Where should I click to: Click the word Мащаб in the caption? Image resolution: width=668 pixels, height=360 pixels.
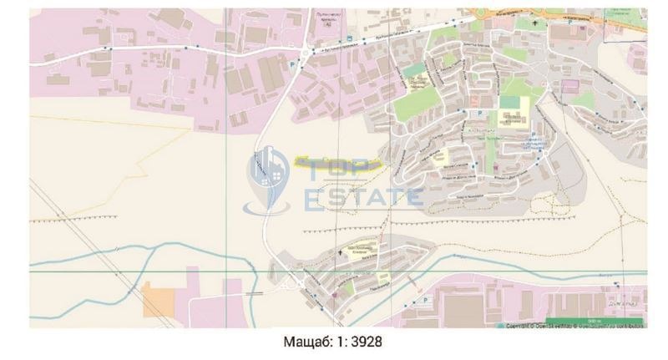pos(304,342)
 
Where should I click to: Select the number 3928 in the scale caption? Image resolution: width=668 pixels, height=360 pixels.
pos(367,342)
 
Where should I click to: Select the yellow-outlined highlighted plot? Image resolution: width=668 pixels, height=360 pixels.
pos(337,161)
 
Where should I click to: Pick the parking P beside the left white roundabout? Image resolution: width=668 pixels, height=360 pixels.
pos(291,63)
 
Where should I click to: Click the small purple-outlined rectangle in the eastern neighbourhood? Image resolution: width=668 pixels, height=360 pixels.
pos(569,85)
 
